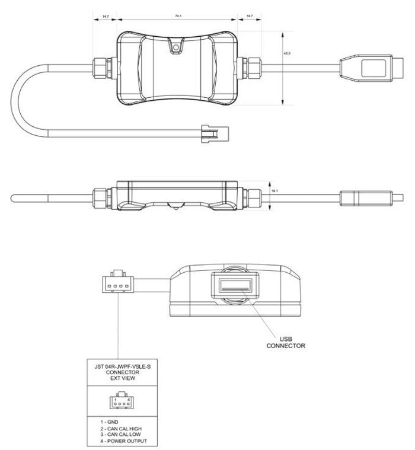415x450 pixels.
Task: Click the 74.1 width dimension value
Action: coord(177,17)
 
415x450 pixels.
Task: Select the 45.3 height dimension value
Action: coord(287,53)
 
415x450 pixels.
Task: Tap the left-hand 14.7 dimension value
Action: coord(105,17)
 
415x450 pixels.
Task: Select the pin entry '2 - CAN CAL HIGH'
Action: coord(121,428)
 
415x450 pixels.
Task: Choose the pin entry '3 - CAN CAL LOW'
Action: coord(120,435)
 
